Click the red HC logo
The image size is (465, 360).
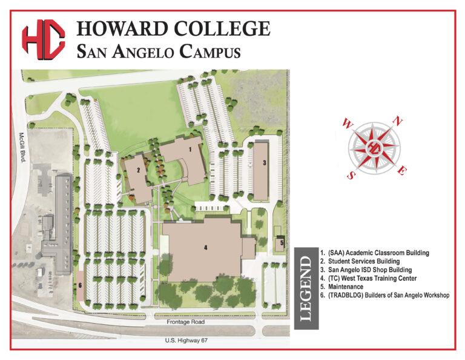(43, 40)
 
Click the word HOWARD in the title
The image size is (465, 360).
(122, 28)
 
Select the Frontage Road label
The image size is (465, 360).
(186, 322)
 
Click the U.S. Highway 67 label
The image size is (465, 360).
(186, 341)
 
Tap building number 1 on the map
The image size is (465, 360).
(190, 148)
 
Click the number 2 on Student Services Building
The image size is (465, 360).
(138, 170)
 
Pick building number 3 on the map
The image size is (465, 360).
(265, 162)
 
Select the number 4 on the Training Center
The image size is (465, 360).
(206, 247)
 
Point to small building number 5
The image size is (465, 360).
(282, 243)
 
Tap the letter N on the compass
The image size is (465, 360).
(398, 121)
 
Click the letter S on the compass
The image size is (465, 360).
(351, 175)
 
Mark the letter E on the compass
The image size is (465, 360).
(401, 172)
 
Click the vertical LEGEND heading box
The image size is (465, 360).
(305, 288)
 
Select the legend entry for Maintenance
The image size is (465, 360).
(342, 287)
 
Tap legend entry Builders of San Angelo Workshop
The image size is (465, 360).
(384, 295)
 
